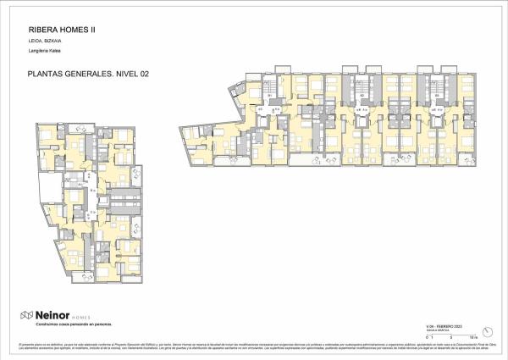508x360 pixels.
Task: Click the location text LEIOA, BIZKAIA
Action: point(39,41)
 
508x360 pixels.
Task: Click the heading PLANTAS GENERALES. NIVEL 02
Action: point(82,75)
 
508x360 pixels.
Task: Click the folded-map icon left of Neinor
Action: point(26,315)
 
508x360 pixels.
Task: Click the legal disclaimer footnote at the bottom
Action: point(254,347)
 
